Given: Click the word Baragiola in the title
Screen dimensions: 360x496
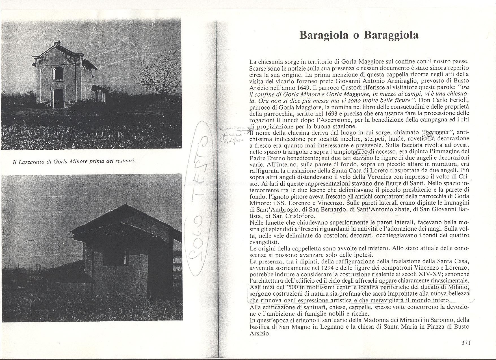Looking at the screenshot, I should coord(323,35).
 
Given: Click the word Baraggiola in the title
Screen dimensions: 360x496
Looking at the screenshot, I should coord(391,35).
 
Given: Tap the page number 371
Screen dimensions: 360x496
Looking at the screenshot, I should coord(466,343).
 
